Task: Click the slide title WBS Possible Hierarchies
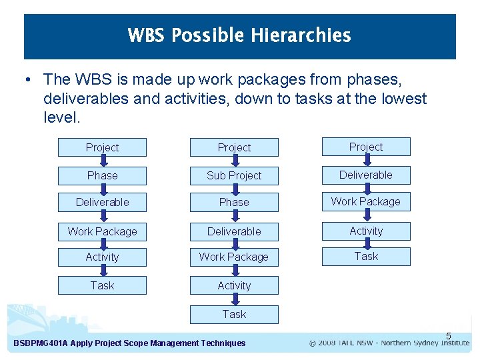pos(239,35)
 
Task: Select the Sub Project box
pos(234,175)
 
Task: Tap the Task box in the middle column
pos(234,314)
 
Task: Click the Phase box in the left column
pos(102,175)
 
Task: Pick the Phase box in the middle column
pos(234,202)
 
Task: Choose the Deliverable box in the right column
pos(366,175)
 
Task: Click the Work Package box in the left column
pos(102,231)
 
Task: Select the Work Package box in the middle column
pos(234,257)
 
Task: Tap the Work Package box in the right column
pos(366,201)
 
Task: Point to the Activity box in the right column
pos(366,231)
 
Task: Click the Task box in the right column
pos(366,256)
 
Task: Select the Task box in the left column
pos(102,285)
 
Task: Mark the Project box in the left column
pos(102,147)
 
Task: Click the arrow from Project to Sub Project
pos(235,161)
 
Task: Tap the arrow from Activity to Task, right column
pos(367,243)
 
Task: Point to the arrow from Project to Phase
pos(103,161)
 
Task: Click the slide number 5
pos(449,335)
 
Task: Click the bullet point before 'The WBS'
pos(25,80)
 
